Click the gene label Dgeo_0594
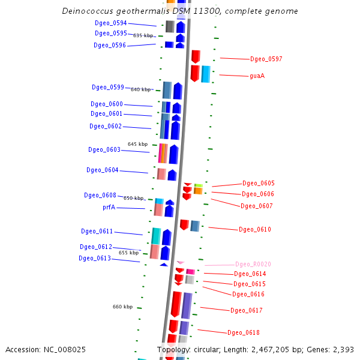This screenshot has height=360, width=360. (111, 23)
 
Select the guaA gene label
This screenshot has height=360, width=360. (257, 76)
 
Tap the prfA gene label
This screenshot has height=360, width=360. (109, 208)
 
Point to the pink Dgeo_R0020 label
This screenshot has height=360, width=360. (253, 264)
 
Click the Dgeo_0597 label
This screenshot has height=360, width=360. (266, 59)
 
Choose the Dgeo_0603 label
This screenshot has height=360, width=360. (104, 150)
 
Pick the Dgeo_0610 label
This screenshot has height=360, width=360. (255, 229)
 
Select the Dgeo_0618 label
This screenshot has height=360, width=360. (244, 332)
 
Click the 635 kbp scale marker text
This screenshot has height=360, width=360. (143, 35)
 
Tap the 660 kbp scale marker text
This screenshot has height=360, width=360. (122, 307)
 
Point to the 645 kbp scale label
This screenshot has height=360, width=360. (137, 144)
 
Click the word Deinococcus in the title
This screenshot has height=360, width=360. (86, 11)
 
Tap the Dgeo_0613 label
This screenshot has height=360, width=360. (95, 259)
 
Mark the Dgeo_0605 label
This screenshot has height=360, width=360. (259, 183)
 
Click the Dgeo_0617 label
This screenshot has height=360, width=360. (247, 310)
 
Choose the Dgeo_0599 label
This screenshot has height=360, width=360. (108, 88)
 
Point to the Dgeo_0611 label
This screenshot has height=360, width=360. (97, 232)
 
